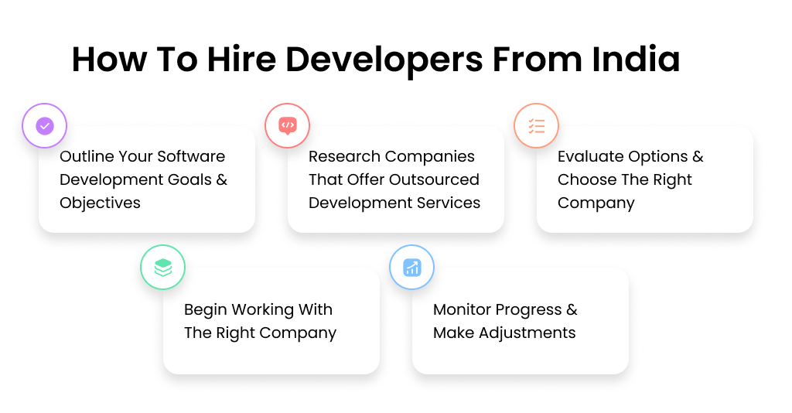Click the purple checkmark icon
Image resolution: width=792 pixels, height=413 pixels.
pyautogui.click(x=45, y=125)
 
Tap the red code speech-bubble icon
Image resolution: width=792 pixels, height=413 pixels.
pyautogui.click(x=288, y=125)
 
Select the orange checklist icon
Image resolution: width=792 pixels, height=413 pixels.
pyautogui.click(x=537, y=125)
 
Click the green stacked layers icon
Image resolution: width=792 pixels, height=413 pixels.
pyautogui.click(x=162, y=268)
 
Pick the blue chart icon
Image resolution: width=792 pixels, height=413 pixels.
pyautogui.click(x=411, y=268)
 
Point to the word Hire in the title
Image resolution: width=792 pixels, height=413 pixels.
pyautogui.click(x=243, y=60)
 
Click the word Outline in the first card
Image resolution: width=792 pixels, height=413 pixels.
pyautogui.click(x=86, y=156)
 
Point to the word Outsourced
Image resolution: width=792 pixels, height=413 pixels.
pyautogui.click(x=435, y=179)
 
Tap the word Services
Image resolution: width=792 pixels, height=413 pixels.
pyautogui.click(x=450, y=203)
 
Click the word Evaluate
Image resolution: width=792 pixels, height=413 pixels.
pyautogui.click(x=589, y=156)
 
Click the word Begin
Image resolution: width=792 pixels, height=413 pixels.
pyautogui.click(x=206, y=309)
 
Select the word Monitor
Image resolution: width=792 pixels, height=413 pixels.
pyautogui.click(x=463, y=309)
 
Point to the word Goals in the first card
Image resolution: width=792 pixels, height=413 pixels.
pyautogui.click(x=189, y=179)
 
